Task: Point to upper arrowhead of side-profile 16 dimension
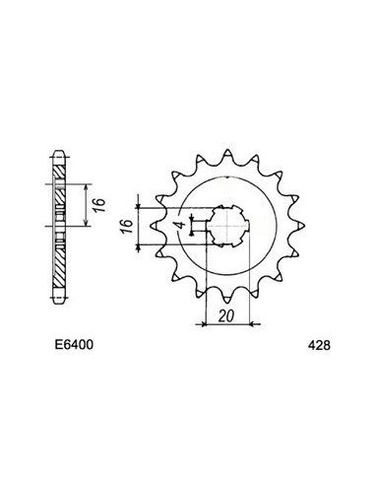pyautogui.click(x=88, y=185)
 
